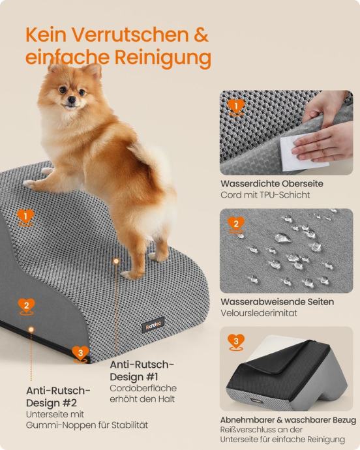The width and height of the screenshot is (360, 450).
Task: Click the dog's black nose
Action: coord(72,100)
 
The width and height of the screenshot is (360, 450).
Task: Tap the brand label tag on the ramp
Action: coord(153,325)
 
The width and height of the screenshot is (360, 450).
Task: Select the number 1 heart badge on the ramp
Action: coord(25,217)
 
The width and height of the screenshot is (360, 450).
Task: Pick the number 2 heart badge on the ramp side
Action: coord(26,307)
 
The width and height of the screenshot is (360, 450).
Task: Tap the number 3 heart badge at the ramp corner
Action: coord(80,354)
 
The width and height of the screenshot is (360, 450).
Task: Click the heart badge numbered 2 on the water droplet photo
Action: coord(235,225)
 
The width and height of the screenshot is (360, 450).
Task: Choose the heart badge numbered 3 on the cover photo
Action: coord(235,342)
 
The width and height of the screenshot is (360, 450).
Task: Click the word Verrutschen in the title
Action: coord(130,35)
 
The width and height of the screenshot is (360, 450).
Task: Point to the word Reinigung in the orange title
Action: coord(163,57)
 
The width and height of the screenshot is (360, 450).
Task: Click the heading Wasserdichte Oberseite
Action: coord(272,184)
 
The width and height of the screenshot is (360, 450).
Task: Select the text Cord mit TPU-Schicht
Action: coord(265,195)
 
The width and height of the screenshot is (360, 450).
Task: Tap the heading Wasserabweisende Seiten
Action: coord(277,302)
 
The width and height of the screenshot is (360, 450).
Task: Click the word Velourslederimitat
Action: coord(259,313)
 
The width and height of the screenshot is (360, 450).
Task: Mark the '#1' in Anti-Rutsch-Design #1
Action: coord(151,377)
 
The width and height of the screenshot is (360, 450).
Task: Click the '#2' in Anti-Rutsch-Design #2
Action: coord(68,403)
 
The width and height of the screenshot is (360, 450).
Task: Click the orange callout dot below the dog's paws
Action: coord(116,261)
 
